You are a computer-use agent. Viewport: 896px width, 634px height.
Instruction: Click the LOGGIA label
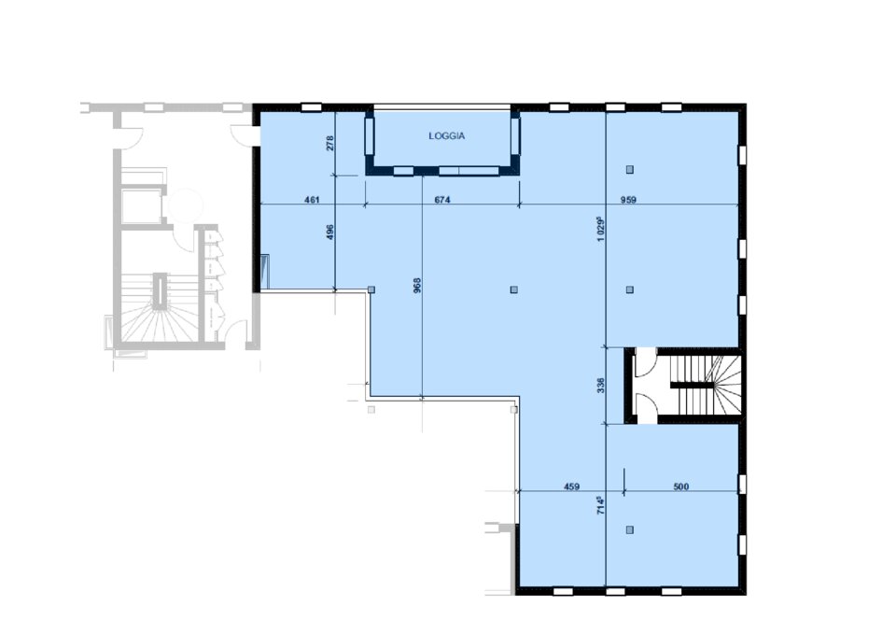(x=446, y=136)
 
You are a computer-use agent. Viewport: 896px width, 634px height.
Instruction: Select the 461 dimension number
(x=312, y=200)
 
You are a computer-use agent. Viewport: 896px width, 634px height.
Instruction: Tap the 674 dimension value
(x=442, y=200)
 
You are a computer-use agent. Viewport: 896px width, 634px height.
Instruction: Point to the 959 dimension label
(x=628, y=200)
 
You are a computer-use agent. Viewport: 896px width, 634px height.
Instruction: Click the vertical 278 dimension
(x=329, y=142)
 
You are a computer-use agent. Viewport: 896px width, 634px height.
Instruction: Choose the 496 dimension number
(x=329, y=232)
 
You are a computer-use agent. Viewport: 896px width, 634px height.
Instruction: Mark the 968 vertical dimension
(x=417, y=286)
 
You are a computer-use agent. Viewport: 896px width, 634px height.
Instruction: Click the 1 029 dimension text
(x=600, y=229)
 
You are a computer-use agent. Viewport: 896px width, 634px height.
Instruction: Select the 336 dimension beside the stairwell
(x=600, y=385)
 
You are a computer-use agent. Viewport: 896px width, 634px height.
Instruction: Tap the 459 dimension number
(x=571, y=486)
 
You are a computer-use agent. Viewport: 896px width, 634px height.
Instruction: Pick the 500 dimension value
(x=680, y=486)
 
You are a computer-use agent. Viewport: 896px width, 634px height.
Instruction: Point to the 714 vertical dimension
(x=600, y=505)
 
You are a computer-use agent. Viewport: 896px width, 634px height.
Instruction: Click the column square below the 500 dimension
(x=630, y=530)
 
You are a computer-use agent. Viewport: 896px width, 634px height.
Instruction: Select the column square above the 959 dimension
(x=630, y=169)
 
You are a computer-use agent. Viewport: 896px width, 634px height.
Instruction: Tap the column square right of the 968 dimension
(x=514, y=289)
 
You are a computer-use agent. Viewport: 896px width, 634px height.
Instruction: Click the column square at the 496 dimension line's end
(x=371, y=289)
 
